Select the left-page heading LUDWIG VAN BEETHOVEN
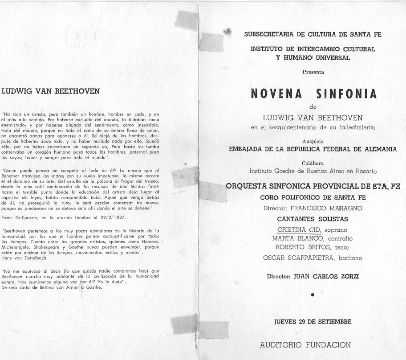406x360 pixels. click(x=50, y=91)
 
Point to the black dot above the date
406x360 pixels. click(x=313, y=295)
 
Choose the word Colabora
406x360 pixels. click(x=313, y=163)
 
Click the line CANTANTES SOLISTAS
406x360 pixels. click(x=313, y=218)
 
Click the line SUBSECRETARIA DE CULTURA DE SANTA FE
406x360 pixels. click(x=313, y=34)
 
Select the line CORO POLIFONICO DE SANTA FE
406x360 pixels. click(x=313, y=197)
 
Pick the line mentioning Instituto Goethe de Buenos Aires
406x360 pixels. click(x=313, y=171)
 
